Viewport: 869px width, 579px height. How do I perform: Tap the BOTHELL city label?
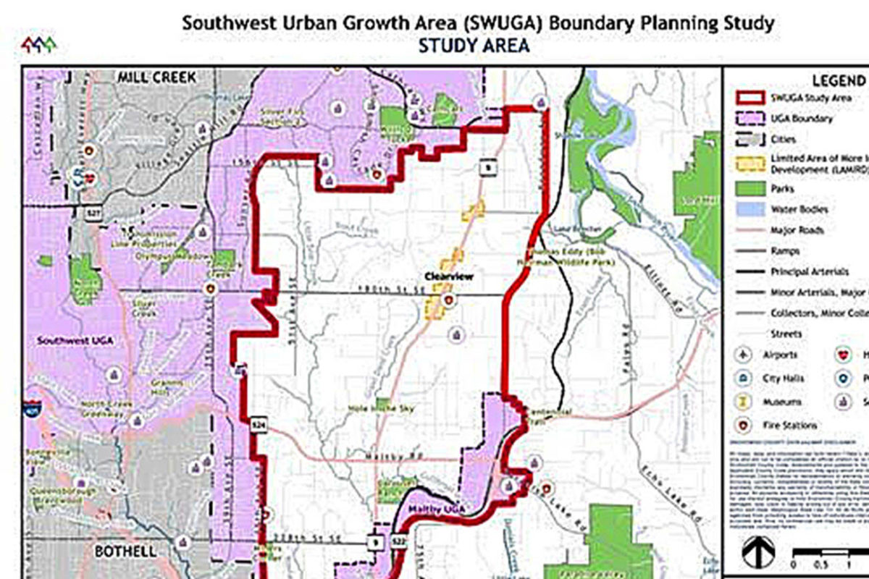pos(125,551)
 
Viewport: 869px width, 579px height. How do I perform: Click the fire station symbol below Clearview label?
pos(450,298)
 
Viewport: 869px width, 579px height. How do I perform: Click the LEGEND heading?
pos(838,81)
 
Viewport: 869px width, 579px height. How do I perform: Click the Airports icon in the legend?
pos(745,355)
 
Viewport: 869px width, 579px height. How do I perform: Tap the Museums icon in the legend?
pos(745,402)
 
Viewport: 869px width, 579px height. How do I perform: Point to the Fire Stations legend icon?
pos(745,426)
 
